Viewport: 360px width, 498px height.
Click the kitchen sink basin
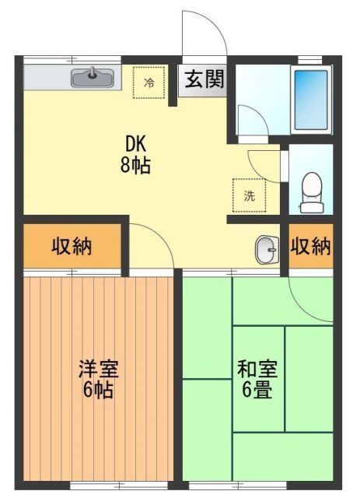(x=93, y=77)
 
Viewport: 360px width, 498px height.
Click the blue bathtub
(x=311, y=100)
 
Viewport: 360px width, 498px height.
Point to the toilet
(x=311, y=188)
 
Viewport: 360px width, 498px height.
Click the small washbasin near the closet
(x=265, y=249)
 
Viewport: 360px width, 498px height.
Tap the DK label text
(x=136, y=144)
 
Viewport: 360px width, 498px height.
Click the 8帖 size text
(x=136, y=165)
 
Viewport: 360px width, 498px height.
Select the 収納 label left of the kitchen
(x=72, y=247)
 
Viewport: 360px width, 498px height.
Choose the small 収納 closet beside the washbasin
(x=311, y=247)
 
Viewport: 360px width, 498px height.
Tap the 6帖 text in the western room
(x=98, y=390)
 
